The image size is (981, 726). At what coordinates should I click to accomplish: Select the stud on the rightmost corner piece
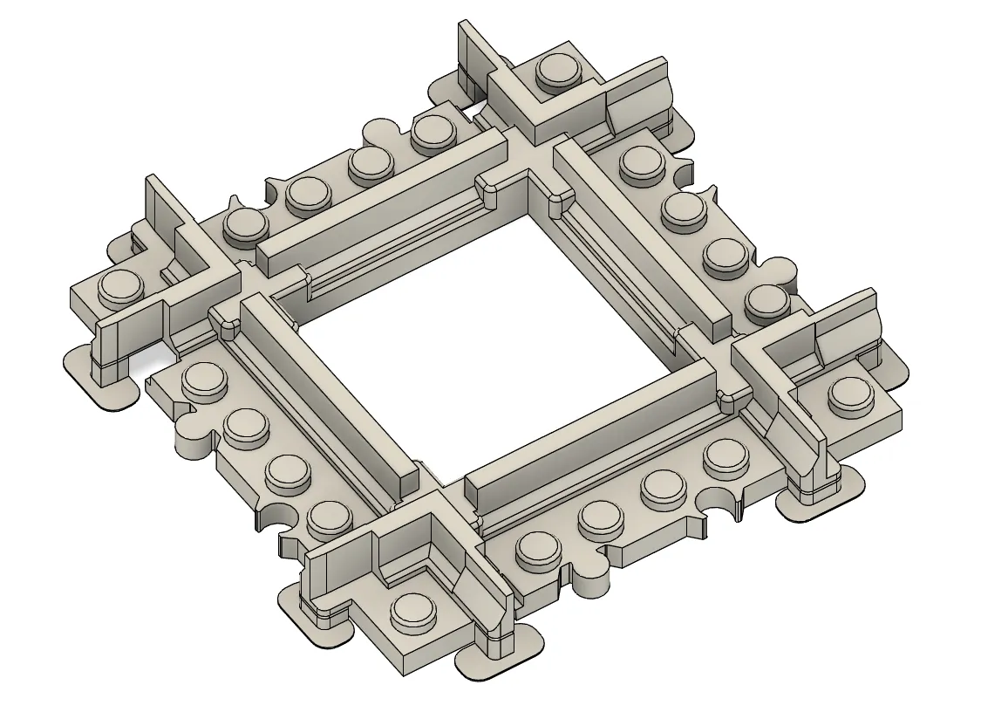tap(850, 395)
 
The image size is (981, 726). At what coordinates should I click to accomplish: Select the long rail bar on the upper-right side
tap(641, 231)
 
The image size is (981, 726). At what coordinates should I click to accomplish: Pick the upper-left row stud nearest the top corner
tap(434, 132)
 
